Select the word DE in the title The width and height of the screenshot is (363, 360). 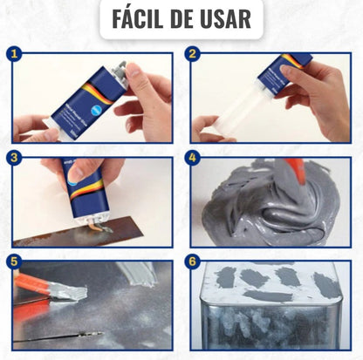185,18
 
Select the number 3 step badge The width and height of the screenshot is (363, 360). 14,158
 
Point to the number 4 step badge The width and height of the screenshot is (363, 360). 192,158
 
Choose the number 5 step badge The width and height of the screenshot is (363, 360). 14,261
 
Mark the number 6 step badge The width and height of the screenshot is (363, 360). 192,261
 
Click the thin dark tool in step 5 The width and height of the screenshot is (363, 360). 61,334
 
